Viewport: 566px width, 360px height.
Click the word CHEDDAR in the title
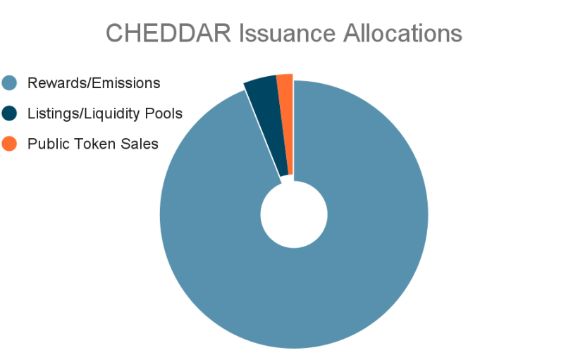(x=168, y=33)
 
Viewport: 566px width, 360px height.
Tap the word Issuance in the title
(x=288, y=33)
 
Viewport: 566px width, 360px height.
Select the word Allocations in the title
(x=402, y=33)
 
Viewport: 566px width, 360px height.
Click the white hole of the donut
(x=294, y=215)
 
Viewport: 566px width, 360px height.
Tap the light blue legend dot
(x=9, y=83)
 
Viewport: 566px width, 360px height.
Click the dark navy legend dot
(x=9, y=113)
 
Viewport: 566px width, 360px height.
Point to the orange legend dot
(x=9, y=144)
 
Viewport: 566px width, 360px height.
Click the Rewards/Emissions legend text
(x=94, y=83)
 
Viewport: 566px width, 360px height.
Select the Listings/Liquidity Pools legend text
(x=105, y=113)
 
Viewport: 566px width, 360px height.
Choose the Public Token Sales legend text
(x=93, y=144)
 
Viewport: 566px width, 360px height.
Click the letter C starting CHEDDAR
(x=114, y=33)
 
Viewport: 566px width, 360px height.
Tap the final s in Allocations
(x=457, y=36)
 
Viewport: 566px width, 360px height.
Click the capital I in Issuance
(x=242, y=33)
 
